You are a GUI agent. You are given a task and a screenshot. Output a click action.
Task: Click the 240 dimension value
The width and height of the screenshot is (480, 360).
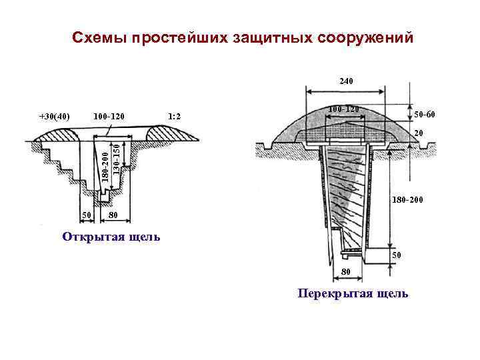(x=346, y=81)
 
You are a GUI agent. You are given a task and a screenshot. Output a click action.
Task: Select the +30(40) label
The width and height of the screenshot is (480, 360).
(x=55, y=117)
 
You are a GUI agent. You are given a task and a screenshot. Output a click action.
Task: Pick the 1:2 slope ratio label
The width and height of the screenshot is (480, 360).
(x=175, y=117)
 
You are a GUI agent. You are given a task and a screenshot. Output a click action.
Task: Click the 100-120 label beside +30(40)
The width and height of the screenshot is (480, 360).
(x=109, y=117)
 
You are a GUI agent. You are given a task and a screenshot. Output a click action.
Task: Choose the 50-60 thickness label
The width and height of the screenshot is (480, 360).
(x=424, y=115)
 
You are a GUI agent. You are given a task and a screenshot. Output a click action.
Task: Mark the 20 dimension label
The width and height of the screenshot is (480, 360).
(x=419, y=133)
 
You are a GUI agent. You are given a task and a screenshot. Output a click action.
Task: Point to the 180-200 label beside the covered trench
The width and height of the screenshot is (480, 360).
(x=407, y=199)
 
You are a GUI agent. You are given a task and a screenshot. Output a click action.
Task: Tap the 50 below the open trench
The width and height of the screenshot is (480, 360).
(x=86, y=215)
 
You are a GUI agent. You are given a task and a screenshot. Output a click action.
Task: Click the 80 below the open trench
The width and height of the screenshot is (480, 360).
(x=113, y=215)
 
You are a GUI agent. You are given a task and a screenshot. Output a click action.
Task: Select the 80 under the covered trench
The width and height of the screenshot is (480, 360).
(x=345, y=272)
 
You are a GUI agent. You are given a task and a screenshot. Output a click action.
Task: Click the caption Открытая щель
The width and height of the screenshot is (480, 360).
(x=110, y=237)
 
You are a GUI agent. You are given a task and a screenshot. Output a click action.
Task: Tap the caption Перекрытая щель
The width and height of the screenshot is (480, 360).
(x=353, y=293)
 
